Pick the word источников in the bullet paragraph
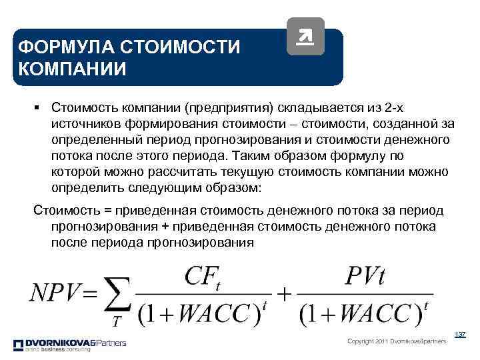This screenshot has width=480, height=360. pyautogui.click(x=85, y=123)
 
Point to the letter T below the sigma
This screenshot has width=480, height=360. pyautogui.click(x=117, y=322)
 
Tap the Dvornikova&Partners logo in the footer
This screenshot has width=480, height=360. pyautogui.click(x=69, y=344)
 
